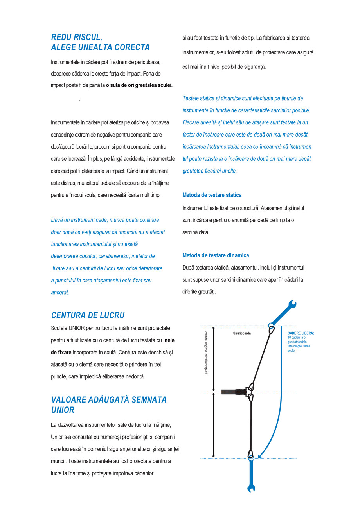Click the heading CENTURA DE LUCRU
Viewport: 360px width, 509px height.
coord(88,315)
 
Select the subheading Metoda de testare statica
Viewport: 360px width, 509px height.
coord(212,195)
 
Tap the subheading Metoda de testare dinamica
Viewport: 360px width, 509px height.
coord(216,255)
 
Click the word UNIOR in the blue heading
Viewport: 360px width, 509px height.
coord(63,410)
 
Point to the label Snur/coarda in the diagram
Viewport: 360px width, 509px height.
coord(239,333)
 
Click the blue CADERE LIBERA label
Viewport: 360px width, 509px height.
coord(301,333)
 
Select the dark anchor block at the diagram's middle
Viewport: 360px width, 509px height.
coord(233,392)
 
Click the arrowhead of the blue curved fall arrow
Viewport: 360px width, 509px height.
coord(260,455)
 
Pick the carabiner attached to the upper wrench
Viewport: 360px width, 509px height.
coord(271,329)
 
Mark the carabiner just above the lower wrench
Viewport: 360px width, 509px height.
coord(250,454)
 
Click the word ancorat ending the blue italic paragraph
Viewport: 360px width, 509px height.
coord(60,293)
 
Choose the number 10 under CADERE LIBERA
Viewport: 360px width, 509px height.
coord(289,338)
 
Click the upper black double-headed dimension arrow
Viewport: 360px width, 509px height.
coord(213,358)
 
